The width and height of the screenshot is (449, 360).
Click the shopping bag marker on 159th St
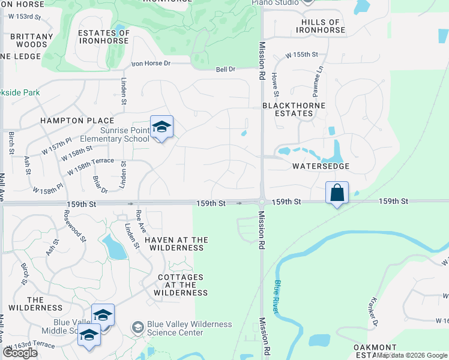pos(337,193)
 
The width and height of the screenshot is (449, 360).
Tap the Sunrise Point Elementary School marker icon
pos(161,127)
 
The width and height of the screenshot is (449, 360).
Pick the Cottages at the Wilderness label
pos(181,285)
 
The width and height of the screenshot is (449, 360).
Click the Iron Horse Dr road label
pos(151,63)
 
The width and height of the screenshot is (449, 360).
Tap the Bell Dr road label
pos(226,70)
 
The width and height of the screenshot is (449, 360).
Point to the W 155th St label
pos(301,55)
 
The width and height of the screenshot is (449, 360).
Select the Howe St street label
pos(276,85)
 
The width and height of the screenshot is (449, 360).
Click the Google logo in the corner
pos(20,353)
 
